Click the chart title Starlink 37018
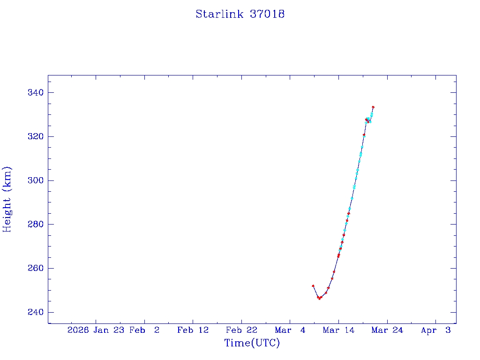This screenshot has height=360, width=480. [x=240, y=14]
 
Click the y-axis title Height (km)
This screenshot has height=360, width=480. [x=7, y=199]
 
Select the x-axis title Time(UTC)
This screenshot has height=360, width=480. [x=252, y=343]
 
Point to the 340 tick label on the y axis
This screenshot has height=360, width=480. [x=35, y=92]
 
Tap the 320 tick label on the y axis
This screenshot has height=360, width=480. [x=35, y=136]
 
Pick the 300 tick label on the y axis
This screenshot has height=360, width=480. [x=35, y=180]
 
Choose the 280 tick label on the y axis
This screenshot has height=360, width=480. [x=35, y=225]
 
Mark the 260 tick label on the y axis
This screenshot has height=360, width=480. [x=35, y=268]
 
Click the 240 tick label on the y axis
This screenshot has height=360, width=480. [x=35, y=312]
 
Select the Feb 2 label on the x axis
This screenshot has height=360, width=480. [x=144, y=330]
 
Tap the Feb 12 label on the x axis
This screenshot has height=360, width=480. [x=193, y=330]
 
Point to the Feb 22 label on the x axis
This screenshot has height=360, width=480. [x=241, y=330]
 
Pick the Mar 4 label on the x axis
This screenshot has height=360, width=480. [x=290, y=330]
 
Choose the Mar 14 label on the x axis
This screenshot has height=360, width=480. [x=338, y=330]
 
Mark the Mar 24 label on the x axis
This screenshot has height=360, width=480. [x=387, y=330]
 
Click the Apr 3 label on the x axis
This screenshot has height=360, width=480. [x=435, y=330]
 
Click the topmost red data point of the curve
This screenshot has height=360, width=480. [x=373, y=107]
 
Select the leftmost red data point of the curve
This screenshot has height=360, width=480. [x=313, y=285]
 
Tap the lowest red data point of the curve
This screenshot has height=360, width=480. [x=319, y=298]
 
